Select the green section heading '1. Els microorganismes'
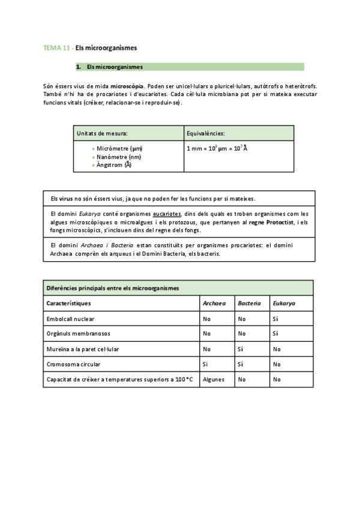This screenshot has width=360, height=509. tap(114, 67)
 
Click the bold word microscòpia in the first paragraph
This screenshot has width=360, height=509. tap(127, 86)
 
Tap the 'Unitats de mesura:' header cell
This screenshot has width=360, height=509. tap(102, 133)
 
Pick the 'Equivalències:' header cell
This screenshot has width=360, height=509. tap(206, 133)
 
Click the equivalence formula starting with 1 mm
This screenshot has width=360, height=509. tap(217, 148)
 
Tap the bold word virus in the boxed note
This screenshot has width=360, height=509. tap(65, 199)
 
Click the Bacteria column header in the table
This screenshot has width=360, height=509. tap(249, 303)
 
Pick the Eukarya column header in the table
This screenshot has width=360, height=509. tap(284, 303)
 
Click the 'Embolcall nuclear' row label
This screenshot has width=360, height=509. tap(70, 319)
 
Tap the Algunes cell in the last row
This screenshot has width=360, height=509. tap(214, 379)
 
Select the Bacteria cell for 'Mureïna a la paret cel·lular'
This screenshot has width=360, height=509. tap(240, 349)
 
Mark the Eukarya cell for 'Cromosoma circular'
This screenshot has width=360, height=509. tap(277, 364)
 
